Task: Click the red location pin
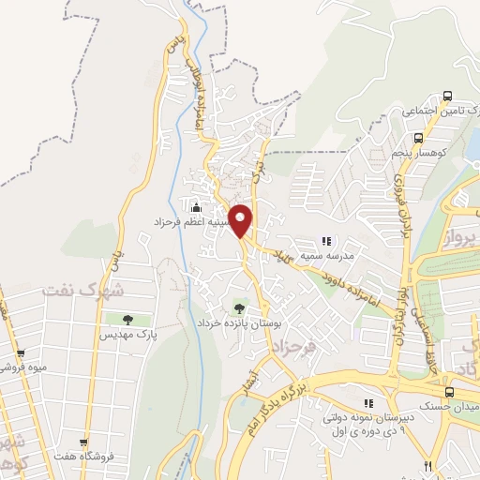tap(242, 220)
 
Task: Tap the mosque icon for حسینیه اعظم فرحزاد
tap(196, 207)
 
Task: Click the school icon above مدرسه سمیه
tap(326, 241)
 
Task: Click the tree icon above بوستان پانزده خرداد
tap(239, 307)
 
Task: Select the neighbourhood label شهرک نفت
tap(82, 291)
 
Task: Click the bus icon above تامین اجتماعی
tap(447, 96)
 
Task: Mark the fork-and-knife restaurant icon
tap(427, 466)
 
